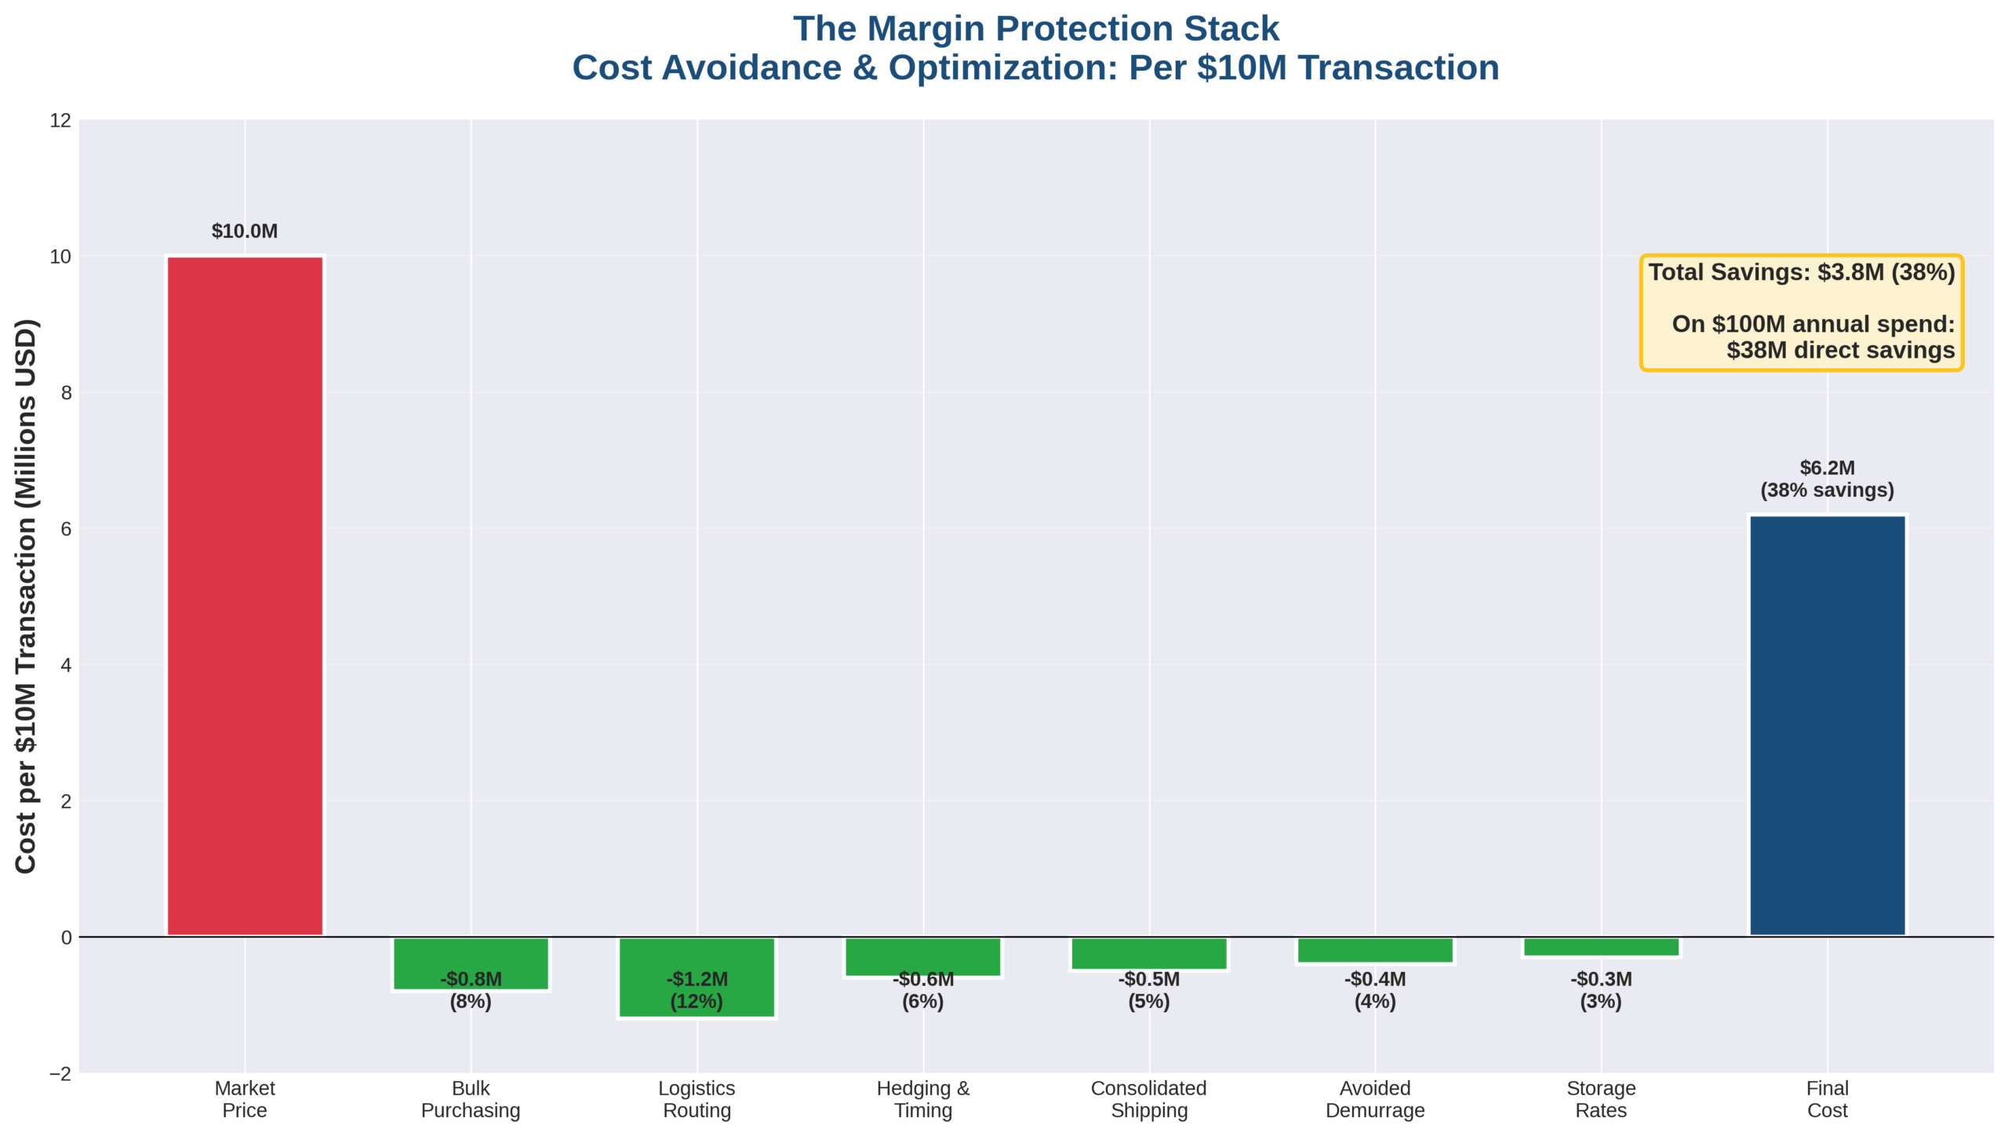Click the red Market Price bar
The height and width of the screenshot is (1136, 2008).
click(x=245, y=596)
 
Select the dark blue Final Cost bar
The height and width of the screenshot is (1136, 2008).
click(x=1827, y=726)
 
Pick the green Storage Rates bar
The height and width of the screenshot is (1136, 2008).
click(x=1601, y=947)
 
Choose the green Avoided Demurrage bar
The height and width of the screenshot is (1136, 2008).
click(x=1375, y=950)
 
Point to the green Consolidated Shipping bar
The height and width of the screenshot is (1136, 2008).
click(x=1149, y=953)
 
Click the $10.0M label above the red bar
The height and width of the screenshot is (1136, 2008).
click(x=245, y=231)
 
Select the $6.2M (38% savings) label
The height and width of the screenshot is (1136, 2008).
click(x=1827, y=479)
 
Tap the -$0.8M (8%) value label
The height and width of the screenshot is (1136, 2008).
click(x=471, y=990)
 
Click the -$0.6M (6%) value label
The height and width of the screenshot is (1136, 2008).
click(x=923, y=990)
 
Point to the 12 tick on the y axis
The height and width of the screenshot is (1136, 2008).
click(x=60, y=120)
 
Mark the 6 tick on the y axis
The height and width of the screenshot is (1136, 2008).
click(x=66, y=529)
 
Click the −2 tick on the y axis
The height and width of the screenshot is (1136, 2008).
click(x=60, y=1073)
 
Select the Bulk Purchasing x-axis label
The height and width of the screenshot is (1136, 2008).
click(x=471, y=1099)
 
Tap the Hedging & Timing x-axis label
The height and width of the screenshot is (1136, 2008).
click(x=923, y=1099)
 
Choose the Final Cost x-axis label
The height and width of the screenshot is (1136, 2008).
click(x=1827, y=1099)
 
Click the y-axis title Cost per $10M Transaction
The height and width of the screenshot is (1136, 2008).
click(x=26, y=596)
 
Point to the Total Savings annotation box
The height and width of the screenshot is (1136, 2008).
click(x=1801, y=312)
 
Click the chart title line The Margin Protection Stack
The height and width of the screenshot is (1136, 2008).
click(x=1035, y=29)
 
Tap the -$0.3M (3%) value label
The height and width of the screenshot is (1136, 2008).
click(x=1601, y=990)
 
